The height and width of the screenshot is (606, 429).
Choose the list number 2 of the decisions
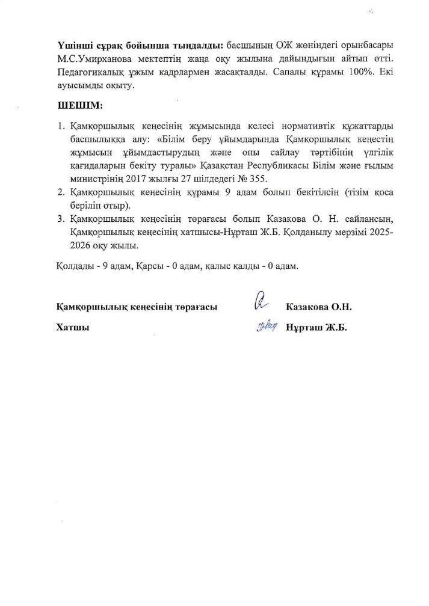click(x=60, y=192)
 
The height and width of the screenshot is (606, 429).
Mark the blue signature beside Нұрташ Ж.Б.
click(x=267, y=327)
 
